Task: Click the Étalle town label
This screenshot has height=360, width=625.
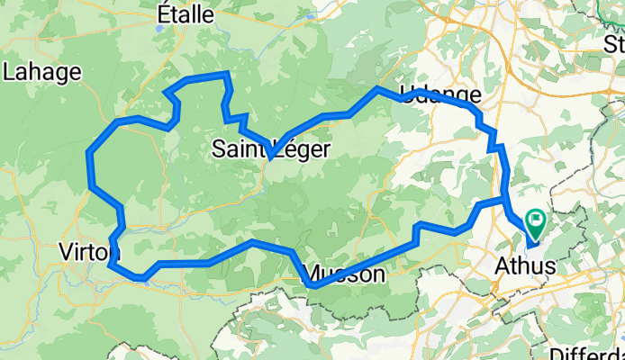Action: (186, 14)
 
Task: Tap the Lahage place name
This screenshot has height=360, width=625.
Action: (42, 71)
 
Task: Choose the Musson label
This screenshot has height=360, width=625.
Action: (347, 274)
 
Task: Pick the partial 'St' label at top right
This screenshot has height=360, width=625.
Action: (616, 42)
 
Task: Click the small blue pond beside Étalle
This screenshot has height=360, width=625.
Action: (159, 28)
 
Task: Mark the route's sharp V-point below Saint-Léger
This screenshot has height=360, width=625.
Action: (270, 159)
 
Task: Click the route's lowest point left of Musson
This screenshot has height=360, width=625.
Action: (311, 286)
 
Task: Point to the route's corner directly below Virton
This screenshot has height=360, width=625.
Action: (110, 265)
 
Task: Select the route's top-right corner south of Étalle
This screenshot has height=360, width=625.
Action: (225, 74)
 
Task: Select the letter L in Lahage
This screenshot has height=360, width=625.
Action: (9, 71)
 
